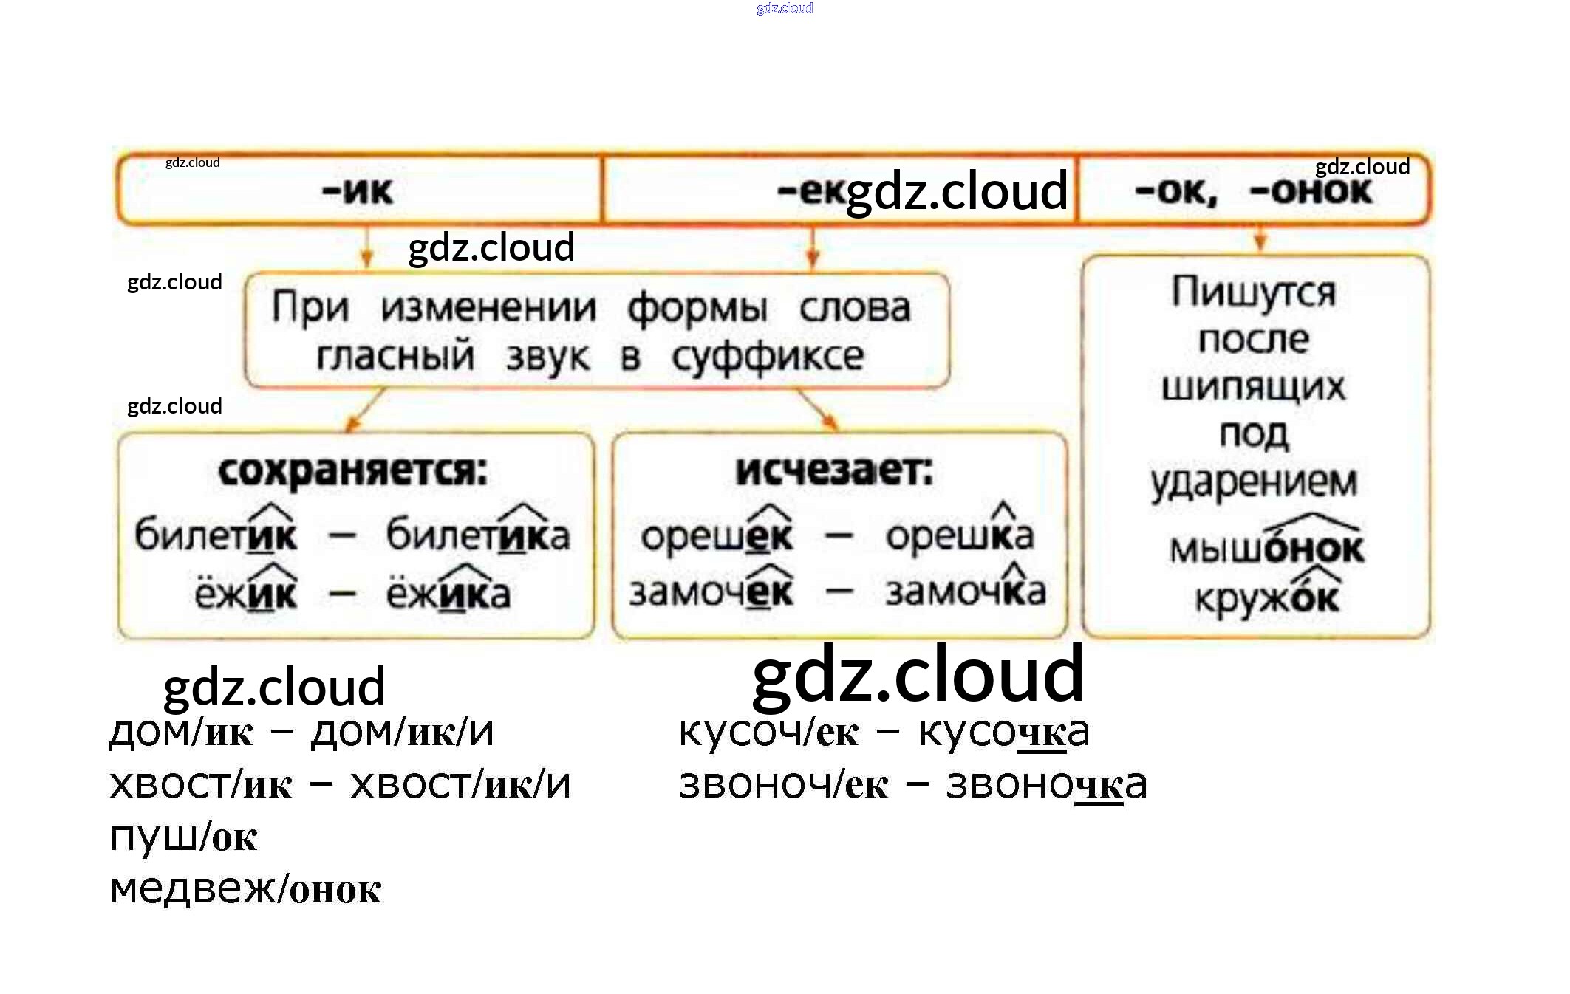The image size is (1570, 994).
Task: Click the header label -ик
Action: coord(358,191)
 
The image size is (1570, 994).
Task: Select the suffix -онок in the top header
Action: coord(1311,191)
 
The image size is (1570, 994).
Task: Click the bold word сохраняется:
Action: coord(353,471)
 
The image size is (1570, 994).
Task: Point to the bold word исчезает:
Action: coord(834,470)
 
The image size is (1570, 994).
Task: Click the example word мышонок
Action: coord(1266,547)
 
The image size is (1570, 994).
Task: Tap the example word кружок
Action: coord(1266,598)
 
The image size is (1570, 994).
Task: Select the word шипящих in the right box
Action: coord(1253,387)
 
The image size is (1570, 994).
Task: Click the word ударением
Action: coord(1254,482)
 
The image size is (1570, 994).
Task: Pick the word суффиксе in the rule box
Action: coord(768,357)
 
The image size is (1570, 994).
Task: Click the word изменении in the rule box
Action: coord(488,308)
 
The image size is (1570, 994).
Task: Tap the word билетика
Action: coord(478,535)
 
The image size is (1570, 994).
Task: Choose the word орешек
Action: coord(717,535)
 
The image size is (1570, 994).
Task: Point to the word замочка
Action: coord(966,591)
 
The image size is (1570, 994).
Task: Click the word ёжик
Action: coord(246,592)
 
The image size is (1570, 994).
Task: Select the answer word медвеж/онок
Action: coord(245,888)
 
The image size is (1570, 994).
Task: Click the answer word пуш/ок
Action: coord(183,837)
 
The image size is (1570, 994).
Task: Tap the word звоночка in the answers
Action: coord(1046,784)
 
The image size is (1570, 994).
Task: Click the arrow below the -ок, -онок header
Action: coord(1260,239)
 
